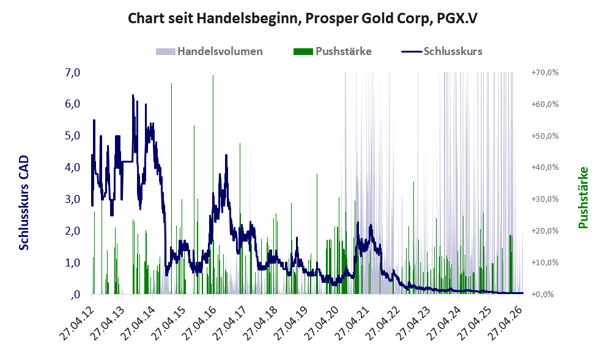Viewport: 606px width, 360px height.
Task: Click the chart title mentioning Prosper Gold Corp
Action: (x=303, y=18)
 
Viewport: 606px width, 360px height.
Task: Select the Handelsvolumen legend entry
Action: (x=209, y=51)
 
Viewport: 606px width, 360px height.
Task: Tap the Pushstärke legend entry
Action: (x=333, y=51)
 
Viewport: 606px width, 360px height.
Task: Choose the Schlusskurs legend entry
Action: (x=442, y=51)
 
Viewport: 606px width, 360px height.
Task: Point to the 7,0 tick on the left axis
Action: (x=72, y=73)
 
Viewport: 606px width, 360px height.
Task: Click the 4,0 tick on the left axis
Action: (x=72, y=167)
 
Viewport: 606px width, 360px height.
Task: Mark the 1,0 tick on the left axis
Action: (x=72, y=263)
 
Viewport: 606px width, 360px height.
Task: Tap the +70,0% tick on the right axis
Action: (x=545, y=73)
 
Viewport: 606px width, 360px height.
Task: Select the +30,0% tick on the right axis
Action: (x=545, y=199)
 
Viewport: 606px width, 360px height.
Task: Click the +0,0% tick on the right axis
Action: (x=545, y=295)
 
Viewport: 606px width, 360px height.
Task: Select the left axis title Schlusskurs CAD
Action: (x=24, y=203)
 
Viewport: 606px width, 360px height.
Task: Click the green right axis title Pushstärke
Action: (x=583, y=197)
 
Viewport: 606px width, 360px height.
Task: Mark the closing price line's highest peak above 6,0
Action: (x=133, y=95)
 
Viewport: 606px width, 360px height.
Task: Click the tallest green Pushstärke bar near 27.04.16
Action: (x=213, y=185)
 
